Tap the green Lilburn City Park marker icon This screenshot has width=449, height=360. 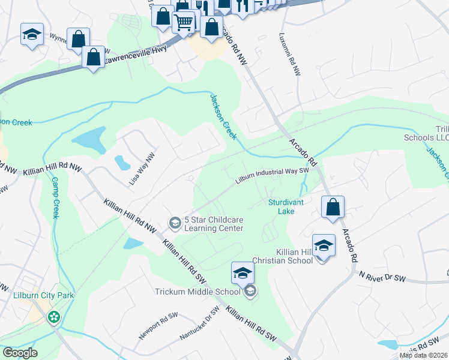pyautogui.click(x=55, y=316)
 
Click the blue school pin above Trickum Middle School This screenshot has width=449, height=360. pyautogui.click(x=243, y=273)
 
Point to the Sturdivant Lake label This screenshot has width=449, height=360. pyautogui.click(x=286, y=206)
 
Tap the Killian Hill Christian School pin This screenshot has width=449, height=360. pyautogui.click(x=324, y=245)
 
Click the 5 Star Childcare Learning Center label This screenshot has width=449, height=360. pyautogui.click(x=214, y=224)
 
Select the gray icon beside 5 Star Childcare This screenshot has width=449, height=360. pyautogui.click(x=175, y=224)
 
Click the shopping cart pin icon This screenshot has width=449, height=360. pyautogui.click(x=184, y=23)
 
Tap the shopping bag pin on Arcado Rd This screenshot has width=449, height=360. pyautogui.click(x=333, y=207)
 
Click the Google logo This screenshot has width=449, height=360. pyautogui.click(x=19, y=353)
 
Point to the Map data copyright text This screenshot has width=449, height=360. pyautogui.click(x=424, y=355)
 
